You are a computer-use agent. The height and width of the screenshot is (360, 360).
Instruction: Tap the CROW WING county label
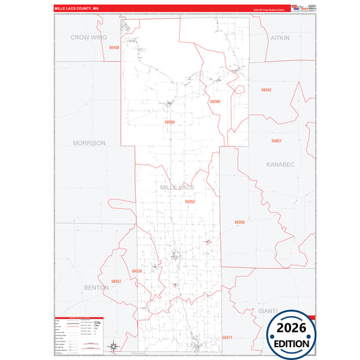pos(89,38)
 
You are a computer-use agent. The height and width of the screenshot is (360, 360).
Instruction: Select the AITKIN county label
pos(280,38)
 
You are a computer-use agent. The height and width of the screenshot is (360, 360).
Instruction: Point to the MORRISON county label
pos(89,143)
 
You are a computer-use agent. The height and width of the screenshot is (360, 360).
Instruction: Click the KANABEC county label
pos(280,164)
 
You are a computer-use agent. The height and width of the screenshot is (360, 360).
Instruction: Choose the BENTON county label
pos(96,287)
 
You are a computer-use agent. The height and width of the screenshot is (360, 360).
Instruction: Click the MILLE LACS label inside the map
pos(177,186)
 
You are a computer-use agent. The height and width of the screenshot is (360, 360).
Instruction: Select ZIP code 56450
pos(113,48)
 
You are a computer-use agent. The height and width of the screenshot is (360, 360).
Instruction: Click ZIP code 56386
pos(215,101)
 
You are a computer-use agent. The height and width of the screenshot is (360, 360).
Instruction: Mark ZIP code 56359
pos(170,122)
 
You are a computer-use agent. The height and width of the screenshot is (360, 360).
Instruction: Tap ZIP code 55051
pos(276,140)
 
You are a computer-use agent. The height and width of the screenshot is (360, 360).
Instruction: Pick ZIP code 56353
pos(190,201)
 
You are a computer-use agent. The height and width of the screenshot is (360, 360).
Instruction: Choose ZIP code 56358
pos(239,222)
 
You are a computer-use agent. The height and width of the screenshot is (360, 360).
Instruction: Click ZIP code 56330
pos(137,271)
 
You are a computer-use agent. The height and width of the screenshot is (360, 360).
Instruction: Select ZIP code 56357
pos(115,281)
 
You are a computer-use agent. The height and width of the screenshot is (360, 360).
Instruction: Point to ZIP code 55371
pos(227,336)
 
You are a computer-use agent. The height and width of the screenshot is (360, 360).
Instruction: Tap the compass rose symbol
pos(115,344)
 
